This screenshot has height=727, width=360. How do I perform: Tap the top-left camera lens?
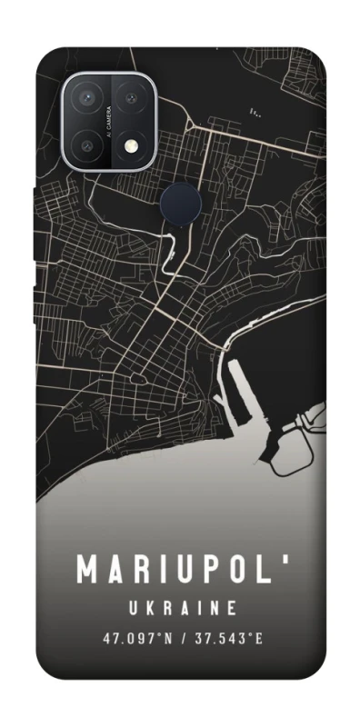coord(91,99)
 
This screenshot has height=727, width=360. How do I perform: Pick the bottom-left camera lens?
coord(91,142)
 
